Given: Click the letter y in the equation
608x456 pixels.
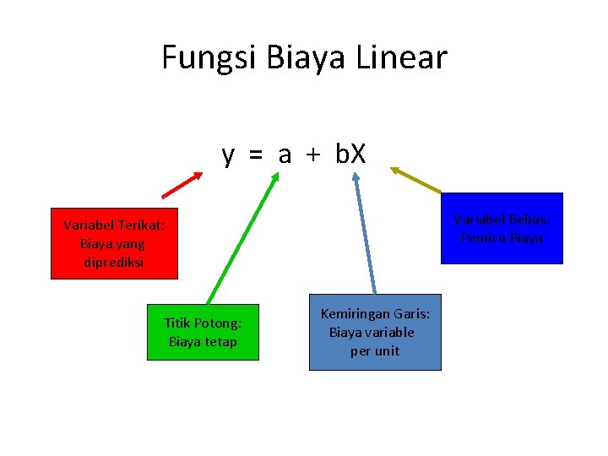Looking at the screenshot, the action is coord(228,156).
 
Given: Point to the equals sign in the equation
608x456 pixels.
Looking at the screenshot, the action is coord(254,155).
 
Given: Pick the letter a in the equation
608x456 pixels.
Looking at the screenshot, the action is coord(285,155).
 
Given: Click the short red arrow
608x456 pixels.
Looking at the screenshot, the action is coord(182,185).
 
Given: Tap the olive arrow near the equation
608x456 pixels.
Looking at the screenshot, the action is coord(415,180).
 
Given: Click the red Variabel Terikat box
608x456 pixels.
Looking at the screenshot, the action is coord(114,243).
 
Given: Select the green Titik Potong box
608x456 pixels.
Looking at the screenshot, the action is coord(203,331).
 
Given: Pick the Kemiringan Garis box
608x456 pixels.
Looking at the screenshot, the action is coord(375,332).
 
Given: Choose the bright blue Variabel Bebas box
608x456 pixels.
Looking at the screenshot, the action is coord(502,228).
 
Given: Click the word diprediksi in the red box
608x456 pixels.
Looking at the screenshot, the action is coord(114,262).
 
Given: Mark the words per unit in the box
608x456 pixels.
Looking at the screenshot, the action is coord(375,350).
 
